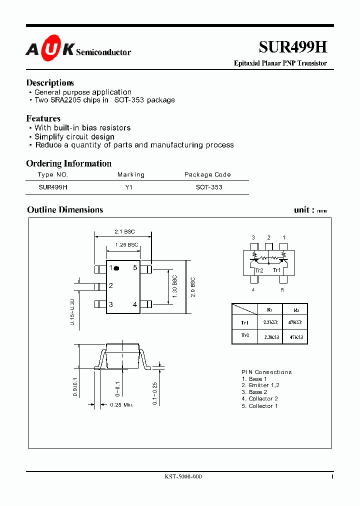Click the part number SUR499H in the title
pyautogui.click(x=292, y=47)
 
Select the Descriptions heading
pyautogui.click(x=50, y=83)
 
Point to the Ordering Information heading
pyautogui.click(x=68, y=163)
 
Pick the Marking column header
pyautogui.click(x=131, y=174)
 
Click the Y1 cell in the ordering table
pyautogui.click(x=129, y=187)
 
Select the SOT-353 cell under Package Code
pyautogui.click(x=209, y=187)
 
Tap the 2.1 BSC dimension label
pyautogui.click(x=124, y=232)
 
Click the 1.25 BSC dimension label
pyautogui.click(x=126, y=244)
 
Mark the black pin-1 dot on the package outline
pyautogui.click(x=116, y=268)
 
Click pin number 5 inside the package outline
pyautogui.click(x=135, y=268)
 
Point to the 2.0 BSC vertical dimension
pyautogui.click(x=192, y=287)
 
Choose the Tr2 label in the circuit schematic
pyautogui.click(x=259, y=270)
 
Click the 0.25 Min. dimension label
pyautogui.click(x=121, y=405)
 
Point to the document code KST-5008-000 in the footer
pyautogui.click(x=183, y=477)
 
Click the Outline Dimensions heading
pyautogui.click(x=65, y=210)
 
